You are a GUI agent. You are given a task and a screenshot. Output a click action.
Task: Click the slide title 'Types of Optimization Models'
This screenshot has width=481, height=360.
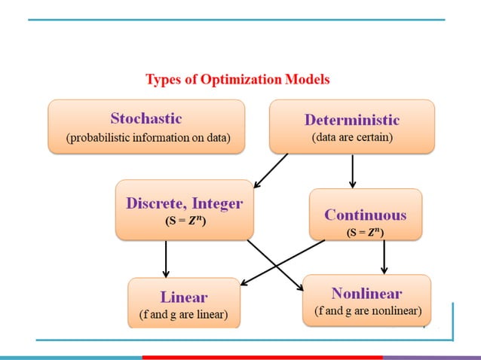[237, 79]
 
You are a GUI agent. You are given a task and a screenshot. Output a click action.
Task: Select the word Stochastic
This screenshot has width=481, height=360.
[146, 118]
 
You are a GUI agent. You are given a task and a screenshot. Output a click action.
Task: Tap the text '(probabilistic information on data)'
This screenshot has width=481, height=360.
[147, 138]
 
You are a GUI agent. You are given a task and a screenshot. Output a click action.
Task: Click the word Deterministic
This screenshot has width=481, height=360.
[351, 120]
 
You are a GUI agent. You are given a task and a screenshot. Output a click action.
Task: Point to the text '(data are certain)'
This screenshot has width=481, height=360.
[351, 138]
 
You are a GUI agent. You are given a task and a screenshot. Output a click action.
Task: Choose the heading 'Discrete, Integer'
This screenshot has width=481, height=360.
[184, 203]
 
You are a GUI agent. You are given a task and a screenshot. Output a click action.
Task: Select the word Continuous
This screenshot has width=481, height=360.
[365, 215]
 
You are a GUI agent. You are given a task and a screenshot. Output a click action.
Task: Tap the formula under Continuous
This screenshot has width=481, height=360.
[365, 233]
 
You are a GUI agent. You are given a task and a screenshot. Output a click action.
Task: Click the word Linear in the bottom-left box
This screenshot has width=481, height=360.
[183, 297]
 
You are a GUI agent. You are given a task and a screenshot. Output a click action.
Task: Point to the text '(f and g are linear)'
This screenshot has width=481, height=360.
[183, 314]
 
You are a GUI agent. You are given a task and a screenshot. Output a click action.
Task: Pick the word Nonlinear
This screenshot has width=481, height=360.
[366, 293]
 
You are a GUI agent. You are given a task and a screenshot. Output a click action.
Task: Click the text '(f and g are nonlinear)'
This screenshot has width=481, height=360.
[367, 310]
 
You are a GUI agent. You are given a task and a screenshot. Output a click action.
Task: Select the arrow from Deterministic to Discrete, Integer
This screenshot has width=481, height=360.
[271, 170]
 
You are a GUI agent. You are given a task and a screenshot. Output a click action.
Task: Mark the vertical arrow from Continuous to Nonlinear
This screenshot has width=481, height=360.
[384, 256]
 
